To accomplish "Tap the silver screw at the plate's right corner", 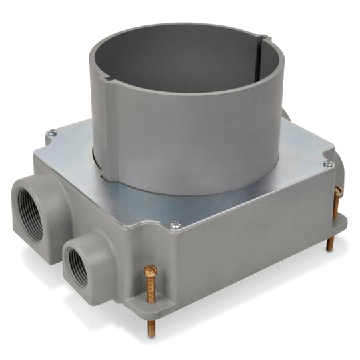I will tap(327, 164).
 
